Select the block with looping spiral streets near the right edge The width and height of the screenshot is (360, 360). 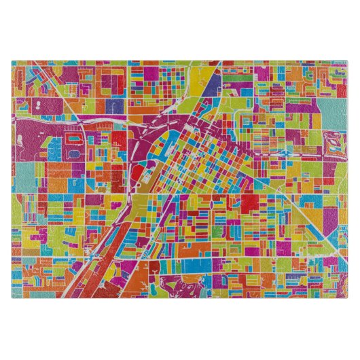332,145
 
